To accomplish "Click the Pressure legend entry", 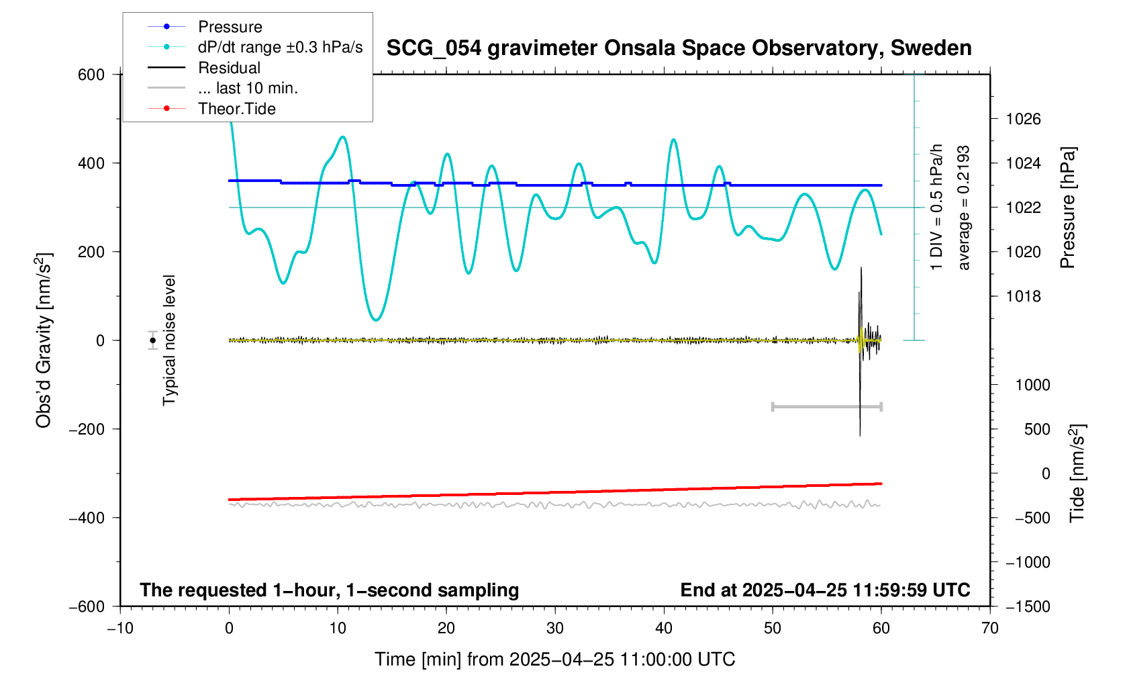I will [230, 27].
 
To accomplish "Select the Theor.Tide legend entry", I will [236, 109].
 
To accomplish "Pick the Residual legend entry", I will [229, 68].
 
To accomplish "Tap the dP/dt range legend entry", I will [280, 47].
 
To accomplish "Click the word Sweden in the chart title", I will [931, 48].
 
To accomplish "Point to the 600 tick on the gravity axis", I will [91, 75].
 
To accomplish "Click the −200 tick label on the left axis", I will [87, 429].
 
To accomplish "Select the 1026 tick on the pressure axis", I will [1023, 120].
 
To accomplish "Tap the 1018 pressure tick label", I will [1023, 296].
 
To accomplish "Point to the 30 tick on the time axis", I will [555, 628].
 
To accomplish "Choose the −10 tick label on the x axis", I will [120, 628].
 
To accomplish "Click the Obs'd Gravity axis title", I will [44, 340].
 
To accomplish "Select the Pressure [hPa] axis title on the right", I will [1067, 208].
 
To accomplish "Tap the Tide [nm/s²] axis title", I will [1077, 473].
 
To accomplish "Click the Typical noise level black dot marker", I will [153, 340].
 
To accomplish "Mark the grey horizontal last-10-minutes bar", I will [826, 406].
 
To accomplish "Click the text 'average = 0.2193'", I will [964, 208].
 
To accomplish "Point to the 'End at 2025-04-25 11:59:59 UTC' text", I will [825, 590].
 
